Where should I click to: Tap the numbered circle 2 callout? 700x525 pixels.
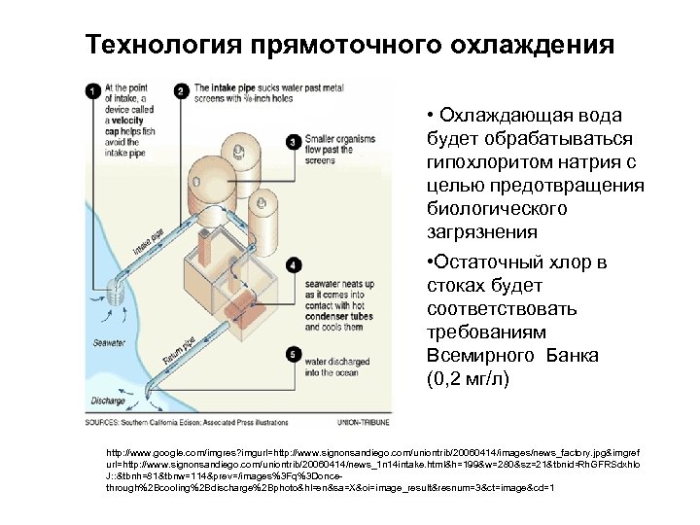[x=182, y=91]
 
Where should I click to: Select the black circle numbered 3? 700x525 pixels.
[x=294, y=142]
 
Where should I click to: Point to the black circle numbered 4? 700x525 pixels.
[x=294, y=263]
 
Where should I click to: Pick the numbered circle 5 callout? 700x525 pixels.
[x=294, y=355]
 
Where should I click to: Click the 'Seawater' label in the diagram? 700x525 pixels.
[x=109, y=342]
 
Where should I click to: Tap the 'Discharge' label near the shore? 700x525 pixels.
[x=108, y=400]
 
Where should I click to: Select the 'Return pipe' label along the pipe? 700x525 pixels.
[x=180, y=352]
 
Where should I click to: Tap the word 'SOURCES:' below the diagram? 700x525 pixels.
[x=101, y=422]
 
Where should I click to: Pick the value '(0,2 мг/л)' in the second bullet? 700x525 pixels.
[x=468, y=377]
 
